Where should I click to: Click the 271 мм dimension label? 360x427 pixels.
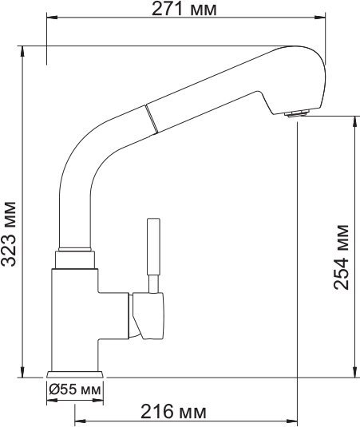pos(184,10)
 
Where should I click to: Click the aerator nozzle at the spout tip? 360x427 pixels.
pos(296,113)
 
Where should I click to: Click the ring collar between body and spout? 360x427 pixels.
pos(75,259)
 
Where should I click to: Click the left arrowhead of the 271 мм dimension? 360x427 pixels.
pos(49,22)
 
